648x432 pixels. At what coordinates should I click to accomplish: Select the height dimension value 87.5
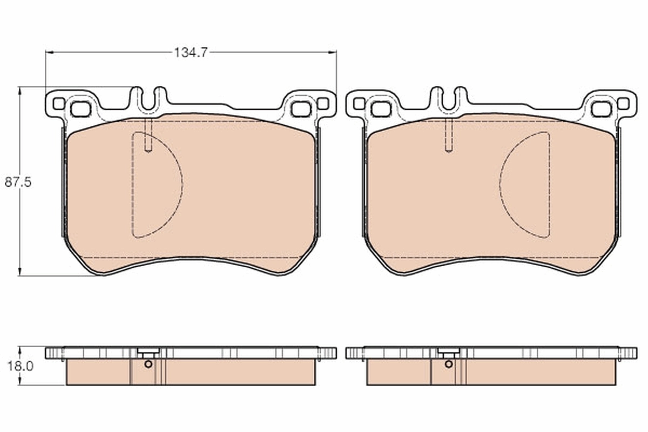[18, 182]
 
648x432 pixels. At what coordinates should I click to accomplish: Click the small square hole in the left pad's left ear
[58, 103]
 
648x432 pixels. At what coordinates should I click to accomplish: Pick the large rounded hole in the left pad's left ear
[80, 109]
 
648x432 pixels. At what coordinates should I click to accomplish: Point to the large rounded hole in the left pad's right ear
[301, 109]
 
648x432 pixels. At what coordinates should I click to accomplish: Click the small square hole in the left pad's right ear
[322, 103]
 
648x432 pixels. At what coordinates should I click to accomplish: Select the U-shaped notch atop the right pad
[449, 100]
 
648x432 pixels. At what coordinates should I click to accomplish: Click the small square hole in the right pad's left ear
[359, 103]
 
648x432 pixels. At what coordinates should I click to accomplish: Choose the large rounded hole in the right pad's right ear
[601, 109]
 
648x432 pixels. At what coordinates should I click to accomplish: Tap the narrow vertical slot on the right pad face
[448, 135]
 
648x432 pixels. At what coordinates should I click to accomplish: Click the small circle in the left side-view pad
[148, 363]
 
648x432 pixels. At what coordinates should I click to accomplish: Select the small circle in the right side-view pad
[449, 363]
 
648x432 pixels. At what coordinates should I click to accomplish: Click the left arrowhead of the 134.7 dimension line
[49, 52]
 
